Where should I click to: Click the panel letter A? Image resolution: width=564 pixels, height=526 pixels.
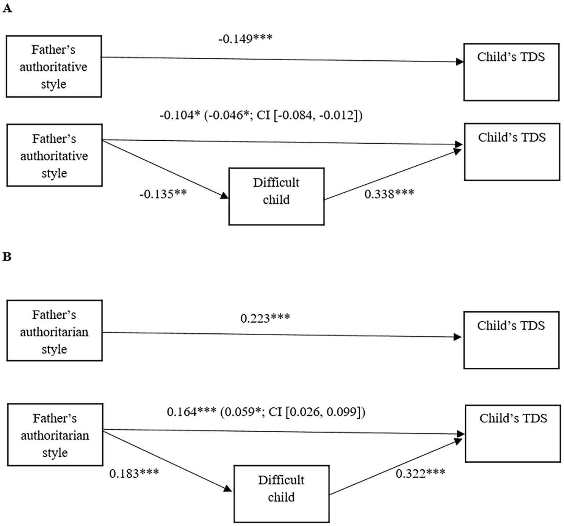point(7,8)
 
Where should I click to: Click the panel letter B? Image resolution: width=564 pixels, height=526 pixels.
point(7,257)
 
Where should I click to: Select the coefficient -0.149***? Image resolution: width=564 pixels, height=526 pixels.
point(245,39)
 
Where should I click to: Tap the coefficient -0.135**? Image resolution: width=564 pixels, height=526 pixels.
point(163,194)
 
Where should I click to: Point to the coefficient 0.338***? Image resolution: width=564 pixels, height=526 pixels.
point(389,194)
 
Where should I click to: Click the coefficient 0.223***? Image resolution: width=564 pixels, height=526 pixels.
point(265,318)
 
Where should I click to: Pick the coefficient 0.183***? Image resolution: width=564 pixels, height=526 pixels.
point(134,473)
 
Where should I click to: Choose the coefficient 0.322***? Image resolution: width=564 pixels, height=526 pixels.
point(420,473)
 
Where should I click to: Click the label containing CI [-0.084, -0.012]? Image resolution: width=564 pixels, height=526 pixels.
point(261,116)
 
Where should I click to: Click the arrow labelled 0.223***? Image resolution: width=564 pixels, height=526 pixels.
point(282,335)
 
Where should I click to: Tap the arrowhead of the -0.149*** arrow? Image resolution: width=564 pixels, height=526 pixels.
point(460,62)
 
